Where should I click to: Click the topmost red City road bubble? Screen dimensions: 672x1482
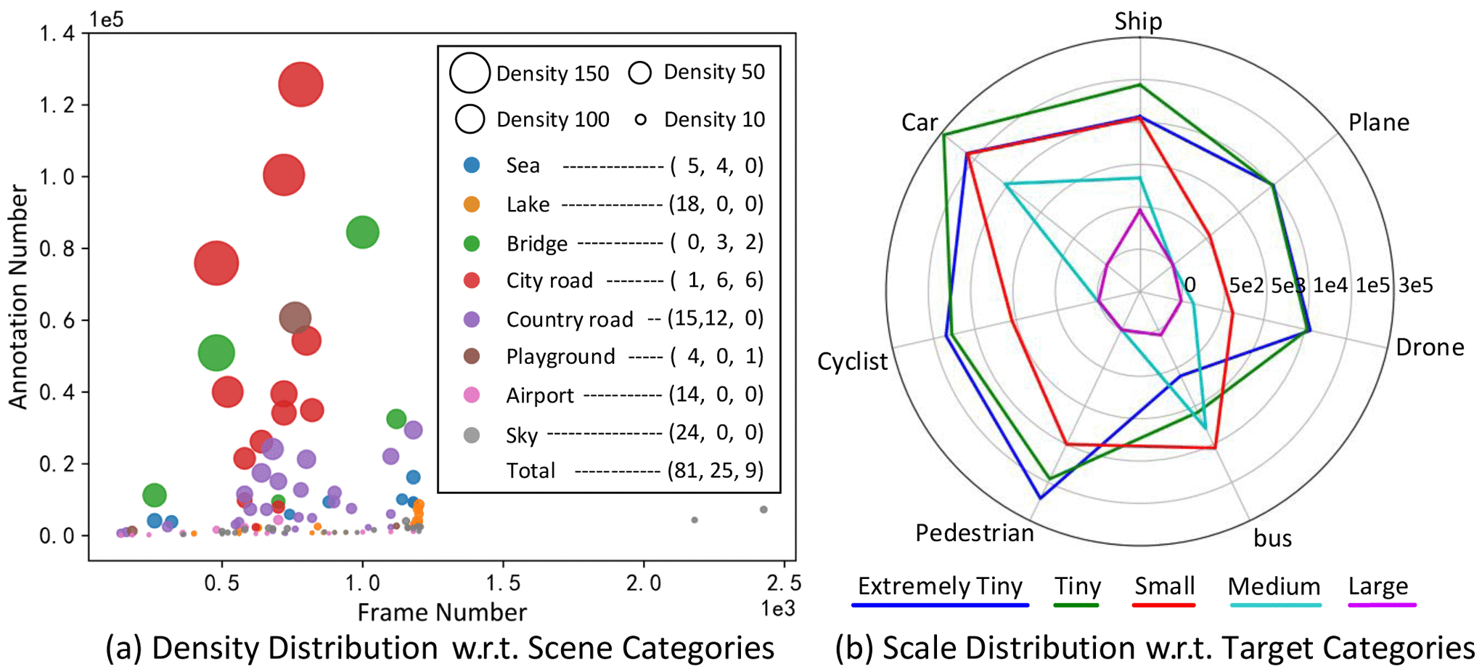300,84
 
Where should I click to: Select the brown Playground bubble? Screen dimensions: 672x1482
295,317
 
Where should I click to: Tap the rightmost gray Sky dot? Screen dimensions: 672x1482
763,509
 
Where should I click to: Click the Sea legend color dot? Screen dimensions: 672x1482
472,166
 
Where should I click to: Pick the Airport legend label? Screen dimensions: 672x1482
539,395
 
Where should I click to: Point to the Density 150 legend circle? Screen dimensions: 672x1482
470,73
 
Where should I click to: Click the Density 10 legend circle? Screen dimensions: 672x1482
640,119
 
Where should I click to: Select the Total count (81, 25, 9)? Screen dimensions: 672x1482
715,471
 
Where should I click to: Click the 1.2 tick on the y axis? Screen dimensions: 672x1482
57,105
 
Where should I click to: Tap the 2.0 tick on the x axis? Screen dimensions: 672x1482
643,583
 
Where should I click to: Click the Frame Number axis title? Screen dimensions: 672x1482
442,612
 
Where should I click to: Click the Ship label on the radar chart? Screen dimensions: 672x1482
1138,21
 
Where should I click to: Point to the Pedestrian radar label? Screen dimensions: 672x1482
974,533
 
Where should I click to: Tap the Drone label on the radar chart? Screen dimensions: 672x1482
1429,347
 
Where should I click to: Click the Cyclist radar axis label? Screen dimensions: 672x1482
852,361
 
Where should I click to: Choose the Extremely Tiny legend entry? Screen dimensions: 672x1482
940,586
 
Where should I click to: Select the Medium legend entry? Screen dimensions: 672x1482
1274,586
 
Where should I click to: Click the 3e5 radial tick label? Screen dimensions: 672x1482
1416,286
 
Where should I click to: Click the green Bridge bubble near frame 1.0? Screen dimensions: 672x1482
362,232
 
